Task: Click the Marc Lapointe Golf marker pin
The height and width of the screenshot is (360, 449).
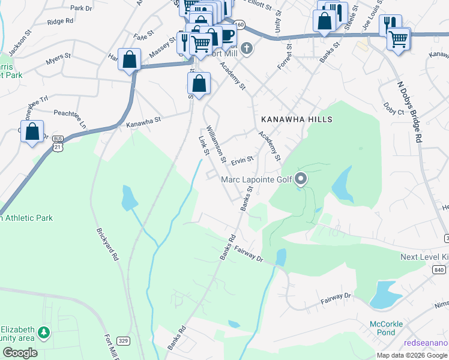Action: [301, 179]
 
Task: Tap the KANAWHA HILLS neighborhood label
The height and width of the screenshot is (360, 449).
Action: [296, 119]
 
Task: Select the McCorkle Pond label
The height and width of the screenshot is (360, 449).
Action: [386, 328]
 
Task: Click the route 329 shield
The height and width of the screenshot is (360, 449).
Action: [123, 341]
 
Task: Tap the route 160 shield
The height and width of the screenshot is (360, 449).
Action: [240, 25]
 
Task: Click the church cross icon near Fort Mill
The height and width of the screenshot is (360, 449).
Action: [246, 47]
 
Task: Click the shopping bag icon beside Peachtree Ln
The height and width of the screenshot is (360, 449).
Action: [32, 132]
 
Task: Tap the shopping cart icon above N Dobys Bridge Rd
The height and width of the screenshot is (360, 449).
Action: [399, 40]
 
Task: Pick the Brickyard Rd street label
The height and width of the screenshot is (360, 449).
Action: [107, 243]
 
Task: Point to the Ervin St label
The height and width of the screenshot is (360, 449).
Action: [243, 160]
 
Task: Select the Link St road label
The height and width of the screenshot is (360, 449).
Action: [203, 146]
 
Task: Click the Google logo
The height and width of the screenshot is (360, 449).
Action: [20, 352]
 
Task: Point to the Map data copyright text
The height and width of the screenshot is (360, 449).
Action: [412, 355]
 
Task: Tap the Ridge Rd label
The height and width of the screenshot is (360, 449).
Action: [60, 21]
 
